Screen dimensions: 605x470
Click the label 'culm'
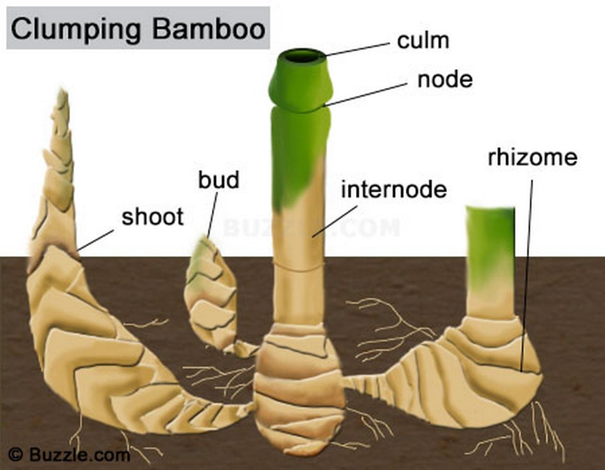(x=423, y=40)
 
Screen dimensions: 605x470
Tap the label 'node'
(x=445, y=79)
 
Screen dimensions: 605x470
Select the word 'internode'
(x=394, y=189)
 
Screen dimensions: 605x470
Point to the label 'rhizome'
(x=532, y=157)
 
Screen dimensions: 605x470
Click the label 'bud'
(x=219, y=180)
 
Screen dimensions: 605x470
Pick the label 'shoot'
(x=152, y=217)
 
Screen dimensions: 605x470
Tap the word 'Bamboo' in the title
(x=209, y=28)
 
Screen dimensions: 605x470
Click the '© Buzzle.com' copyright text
(x=69, y=454)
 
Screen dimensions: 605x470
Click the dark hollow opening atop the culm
(x=303, y=56)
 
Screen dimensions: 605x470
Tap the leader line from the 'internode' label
(x=335, y=221)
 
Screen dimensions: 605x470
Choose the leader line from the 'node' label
(x=366, y=93)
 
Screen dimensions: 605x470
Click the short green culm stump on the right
(x=490, y=262)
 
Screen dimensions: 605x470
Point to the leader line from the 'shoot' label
(x=96, y=240)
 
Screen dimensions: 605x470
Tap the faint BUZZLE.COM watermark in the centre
(x=311, y=227)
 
